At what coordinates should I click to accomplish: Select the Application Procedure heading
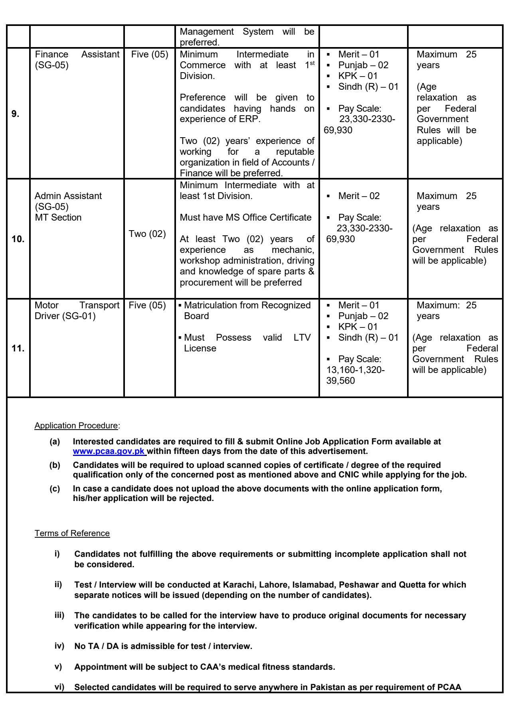pyautogui.click(x=76, y=426)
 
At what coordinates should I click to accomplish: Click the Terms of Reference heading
pyautogui.click(x=72, y=533)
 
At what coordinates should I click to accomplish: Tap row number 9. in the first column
pyautogui.click(x=15, y=114)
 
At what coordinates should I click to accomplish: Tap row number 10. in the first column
pyautogui.click(x=18, y=239)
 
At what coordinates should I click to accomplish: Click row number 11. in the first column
pyautogui.click(x=18, y=349)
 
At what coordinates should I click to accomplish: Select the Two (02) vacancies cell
pyautogui.click(x=147, y=234)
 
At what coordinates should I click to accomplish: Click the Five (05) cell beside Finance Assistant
pyautogui.click(x=149, y=54)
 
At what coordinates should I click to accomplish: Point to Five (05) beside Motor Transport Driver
pyautogui.click(x=147, y=306)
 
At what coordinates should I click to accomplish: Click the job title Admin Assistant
pyautogui.click(x=68, y=196)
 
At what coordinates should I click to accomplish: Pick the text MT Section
pyautogui.click(x=58, y=217)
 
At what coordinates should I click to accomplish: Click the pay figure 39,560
pyautogui.click(x=340, y=381)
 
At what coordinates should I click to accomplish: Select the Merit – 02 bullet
pyautogui.click(x=359, y=196)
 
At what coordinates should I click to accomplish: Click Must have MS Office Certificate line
pyautogui.click(x=245, y=217)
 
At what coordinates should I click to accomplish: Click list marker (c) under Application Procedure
pyautogui.click(x=55, y=489)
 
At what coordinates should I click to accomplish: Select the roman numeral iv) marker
pyautogui.click(x=59, y=646)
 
